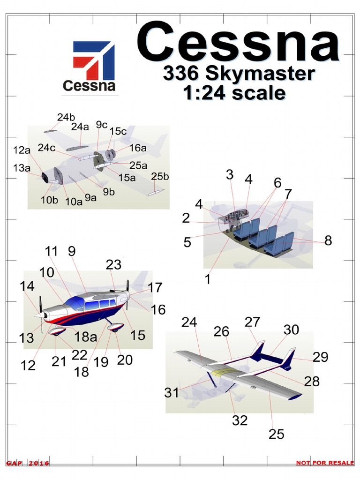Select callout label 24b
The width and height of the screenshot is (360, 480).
(66, 117)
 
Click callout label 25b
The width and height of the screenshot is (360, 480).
(160, 176)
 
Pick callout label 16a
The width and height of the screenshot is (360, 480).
(138, 148)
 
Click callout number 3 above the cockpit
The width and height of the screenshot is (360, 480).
(229, 175)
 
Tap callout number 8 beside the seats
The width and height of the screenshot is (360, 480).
(328, 240)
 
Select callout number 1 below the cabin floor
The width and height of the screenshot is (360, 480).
(208, 279)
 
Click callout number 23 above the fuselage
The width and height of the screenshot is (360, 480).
(113, 265)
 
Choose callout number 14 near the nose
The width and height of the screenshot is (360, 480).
(27, 286)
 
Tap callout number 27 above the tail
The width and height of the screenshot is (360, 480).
(252, 322)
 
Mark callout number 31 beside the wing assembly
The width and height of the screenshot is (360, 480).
(172, 392)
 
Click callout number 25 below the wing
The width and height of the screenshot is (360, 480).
(277, 434)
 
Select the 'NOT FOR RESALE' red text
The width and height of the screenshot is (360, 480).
(324, 463)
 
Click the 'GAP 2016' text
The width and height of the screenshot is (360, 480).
(28, 463)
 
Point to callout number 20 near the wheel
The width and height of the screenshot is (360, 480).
(125, 360)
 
